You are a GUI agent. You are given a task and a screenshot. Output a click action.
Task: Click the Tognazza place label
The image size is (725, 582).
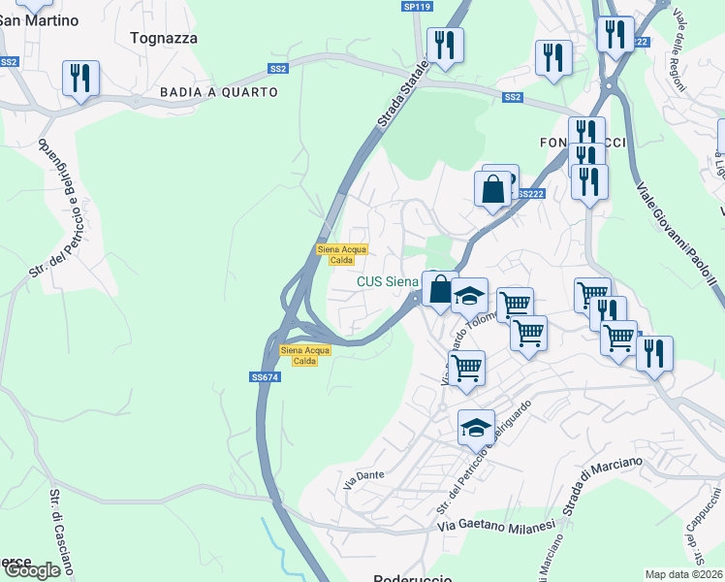pyautogui.click(x=163, y=38)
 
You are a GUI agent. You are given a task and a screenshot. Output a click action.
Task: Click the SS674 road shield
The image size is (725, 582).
pyautogui.click(x=265, y=377)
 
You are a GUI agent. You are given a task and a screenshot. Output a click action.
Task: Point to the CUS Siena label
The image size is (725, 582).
pyautogui.click(x=388, y=282)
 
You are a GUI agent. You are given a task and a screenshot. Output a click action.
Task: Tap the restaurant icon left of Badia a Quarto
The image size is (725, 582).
pyautogui.click(x=79, y=78)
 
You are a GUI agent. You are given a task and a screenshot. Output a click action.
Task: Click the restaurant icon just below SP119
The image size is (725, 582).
pyautogui.click(x=445, y=45)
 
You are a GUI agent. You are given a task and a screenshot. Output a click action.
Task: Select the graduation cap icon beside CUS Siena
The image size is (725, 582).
pyautogui.click(x=469, y=295)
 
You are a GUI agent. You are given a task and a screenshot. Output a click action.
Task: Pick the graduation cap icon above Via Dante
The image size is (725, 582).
pyautogui.click(x=476, y=427)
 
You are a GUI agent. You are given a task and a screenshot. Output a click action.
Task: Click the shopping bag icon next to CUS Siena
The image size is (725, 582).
pyautogui.click(x=439, y=288)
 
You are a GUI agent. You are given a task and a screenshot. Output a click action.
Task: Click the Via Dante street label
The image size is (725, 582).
pyautogui.click(x=363, y=476)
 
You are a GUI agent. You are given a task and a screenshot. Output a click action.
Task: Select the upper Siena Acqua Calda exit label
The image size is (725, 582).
pyautogui.click(x=341, y=254)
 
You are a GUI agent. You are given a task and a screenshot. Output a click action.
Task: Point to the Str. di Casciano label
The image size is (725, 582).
pyautogui.click(x=59, y=533)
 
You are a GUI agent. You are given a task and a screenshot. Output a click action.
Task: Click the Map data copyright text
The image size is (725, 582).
pyautogui.click(x=684, y=574)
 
